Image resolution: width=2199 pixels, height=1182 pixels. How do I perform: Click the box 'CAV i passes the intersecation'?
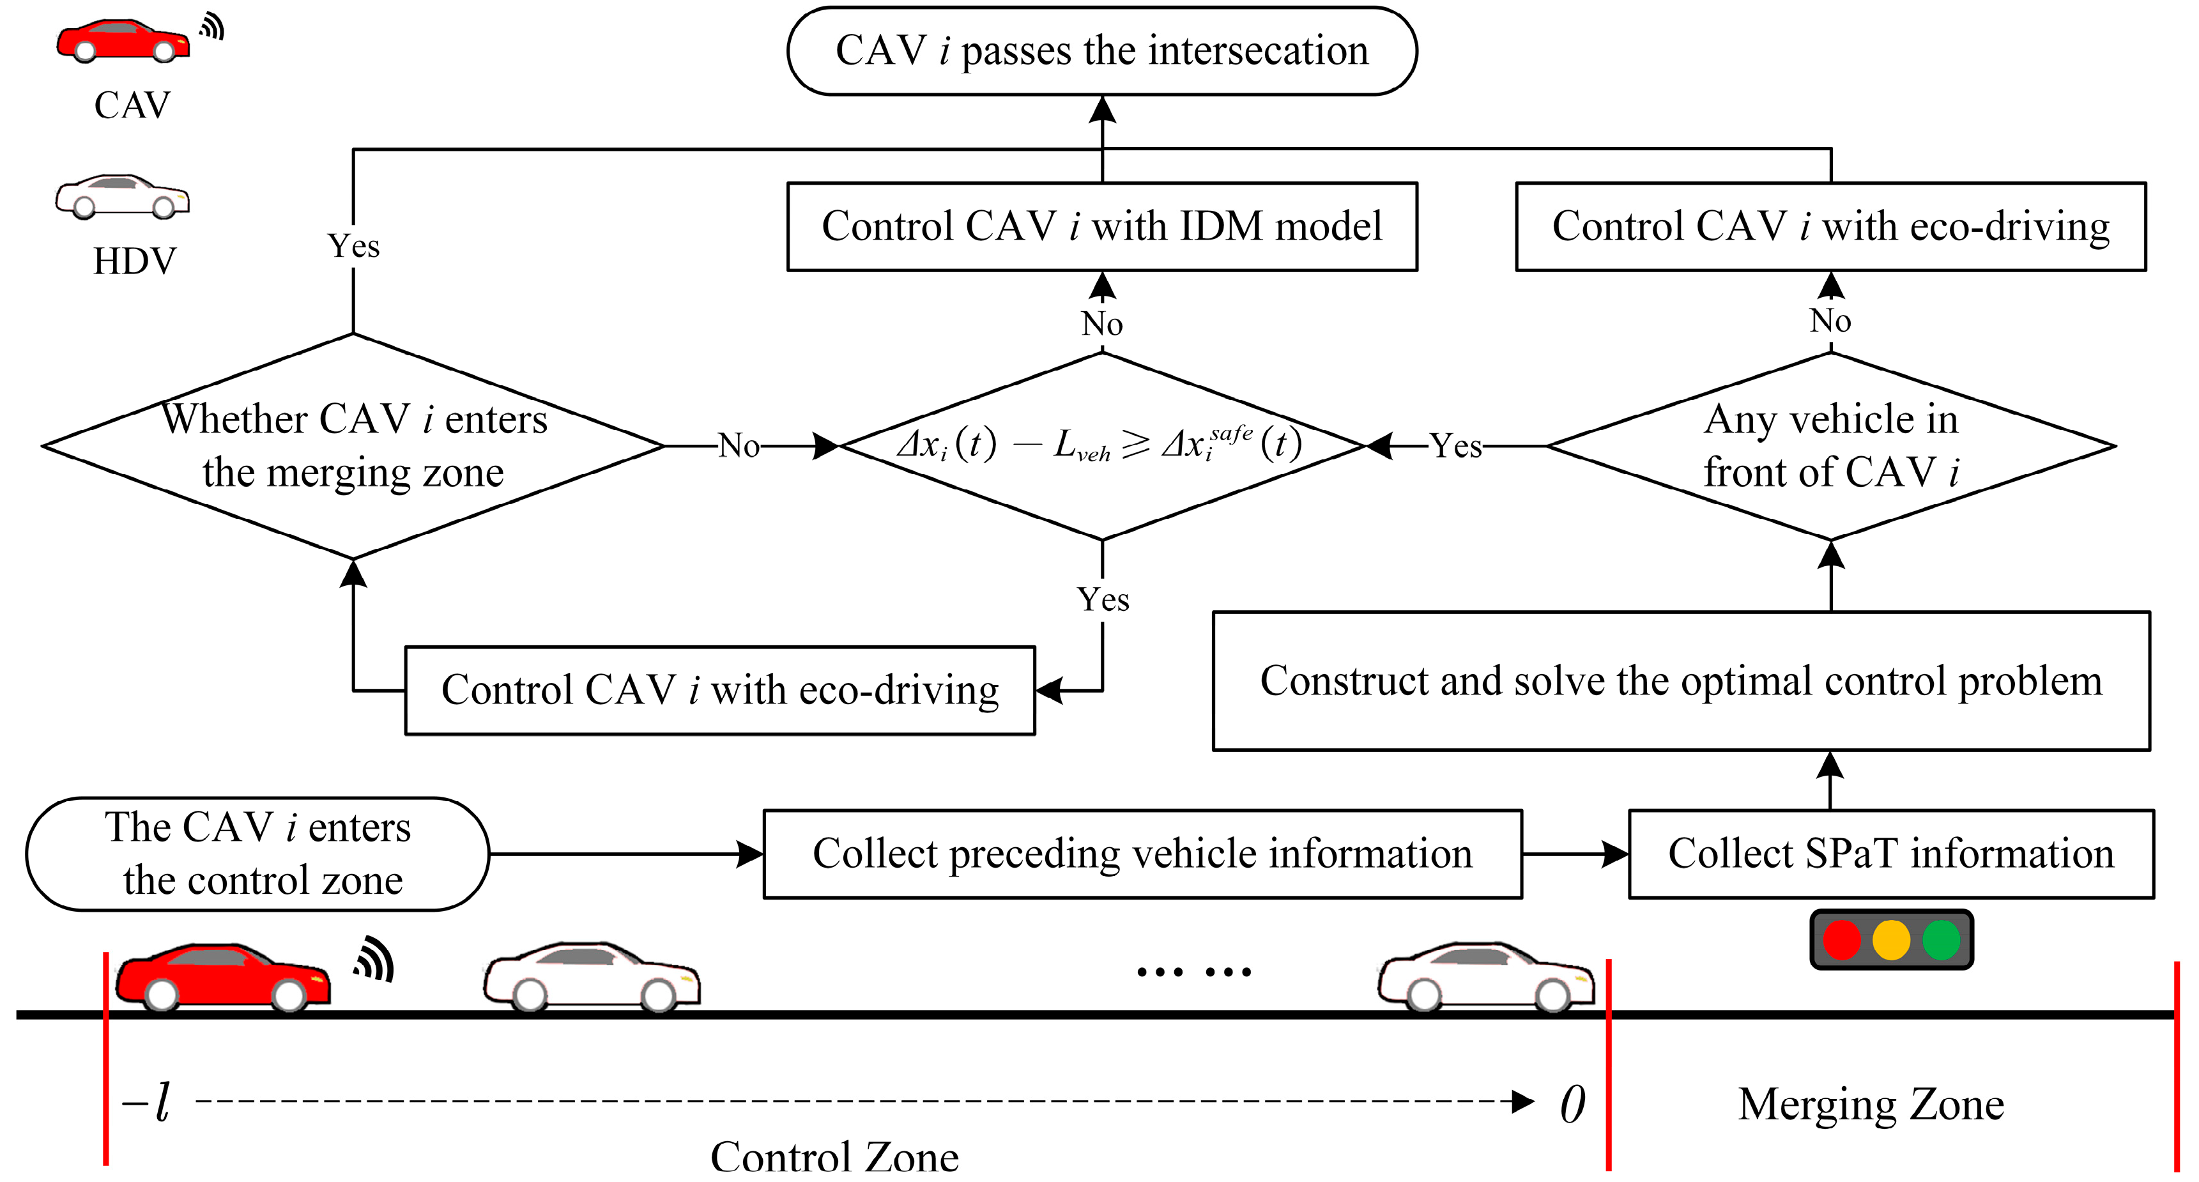tap(1102, 51)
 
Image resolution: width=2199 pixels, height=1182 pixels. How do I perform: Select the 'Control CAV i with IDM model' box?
tap(1102, 227)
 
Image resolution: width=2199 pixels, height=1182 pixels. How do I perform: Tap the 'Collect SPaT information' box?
tap(1891, 854)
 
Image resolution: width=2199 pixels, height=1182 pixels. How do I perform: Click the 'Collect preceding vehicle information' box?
tap(1142, 854)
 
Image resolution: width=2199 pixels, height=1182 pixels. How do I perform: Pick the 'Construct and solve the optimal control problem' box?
tap(1681, 681)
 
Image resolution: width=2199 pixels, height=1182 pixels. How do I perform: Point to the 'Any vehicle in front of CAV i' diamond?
tap(1831, 445)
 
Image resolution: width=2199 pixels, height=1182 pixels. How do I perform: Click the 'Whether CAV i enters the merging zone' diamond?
tap(353, 445)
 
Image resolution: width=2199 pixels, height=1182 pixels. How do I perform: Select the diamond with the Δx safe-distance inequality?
tap(1102, 445)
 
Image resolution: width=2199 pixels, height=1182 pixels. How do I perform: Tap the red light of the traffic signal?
tap(1841, 940)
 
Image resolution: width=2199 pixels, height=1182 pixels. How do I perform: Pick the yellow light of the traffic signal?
tap(1891, 940)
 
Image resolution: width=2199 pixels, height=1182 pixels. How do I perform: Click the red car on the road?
tap(223, 977)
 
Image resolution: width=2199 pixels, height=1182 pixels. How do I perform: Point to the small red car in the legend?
tap(123, 41)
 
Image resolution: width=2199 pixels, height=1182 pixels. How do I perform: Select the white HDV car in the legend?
tap(122, 196)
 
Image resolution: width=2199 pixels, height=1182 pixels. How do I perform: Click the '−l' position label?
tap(146, 1103)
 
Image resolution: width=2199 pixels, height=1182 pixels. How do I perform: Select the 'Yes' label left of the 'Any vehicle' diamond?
tap(1457, 445)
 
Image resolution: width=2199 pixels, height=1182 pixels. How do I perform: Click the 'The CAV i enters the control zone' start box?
tap(258, 854)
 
